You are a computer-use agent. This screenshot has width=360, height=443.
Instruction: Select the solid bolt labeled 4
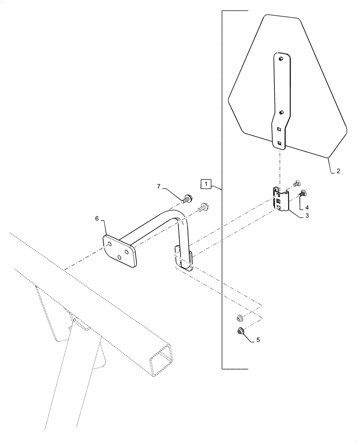303,193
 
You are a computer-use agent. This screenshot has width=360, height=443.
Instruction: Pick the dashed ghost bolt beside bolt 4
296,183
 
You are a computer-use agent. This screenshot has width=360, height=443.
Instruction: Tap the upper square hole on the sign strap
279,129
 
